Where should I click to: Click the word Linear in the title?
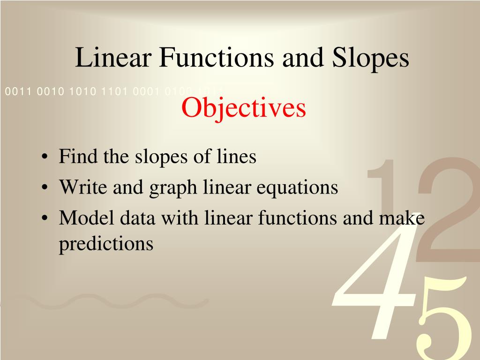click(113, 57)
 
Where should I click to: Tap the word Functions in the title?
click(217, 57)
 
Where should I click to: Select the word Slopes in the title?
click(370, 60)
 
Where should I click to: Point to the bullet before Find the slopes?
click(45, 157)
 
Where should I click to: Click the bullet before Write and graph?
click(45, 187)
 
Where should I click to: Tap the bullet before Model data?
click(45, 218)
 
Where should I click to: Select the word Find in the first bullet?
click(78, 156)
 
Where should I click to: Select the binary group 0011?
click(18, 91)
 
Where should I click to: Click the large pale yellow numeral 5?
click(444, 318)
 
